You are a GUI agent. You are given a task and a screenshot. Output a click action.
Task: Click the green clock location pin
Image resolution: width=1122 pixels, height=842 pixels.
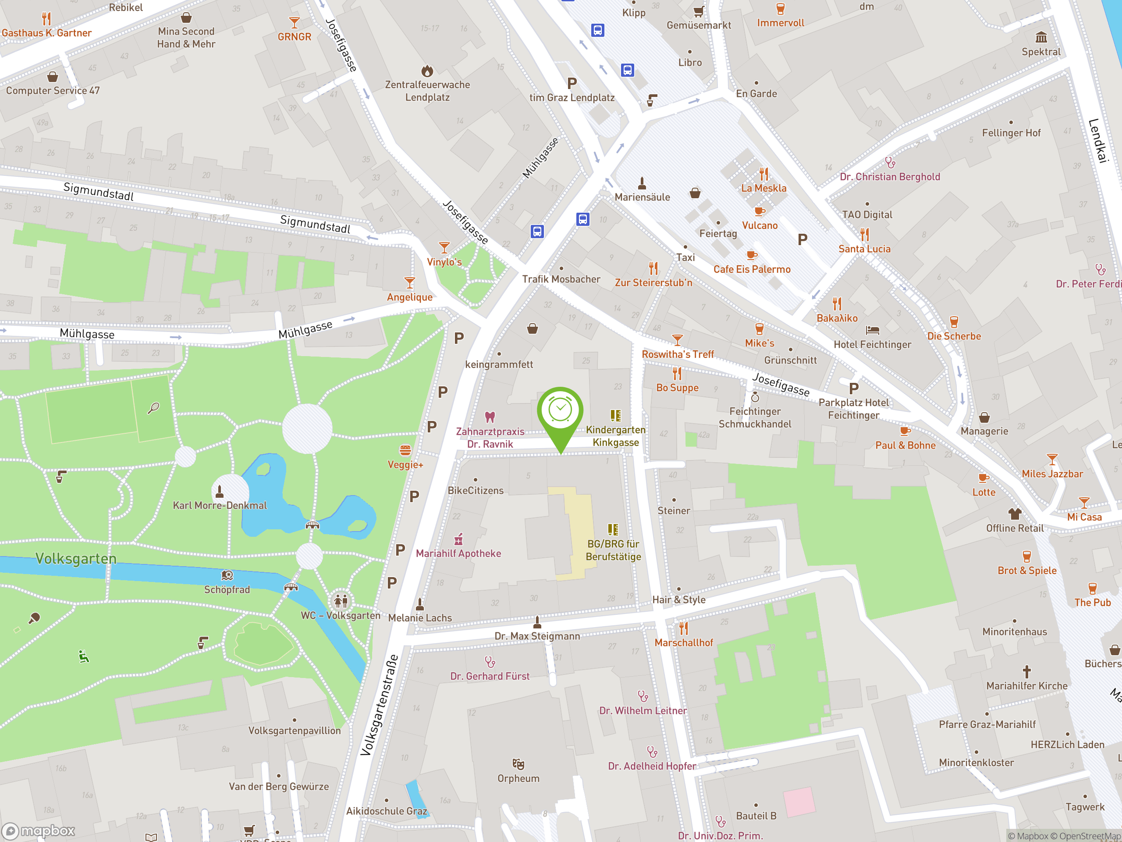(560, 411)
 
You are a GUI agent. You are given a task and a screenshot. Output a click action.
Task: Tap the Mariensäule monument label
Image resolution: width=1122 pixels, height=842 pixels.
(642, 197)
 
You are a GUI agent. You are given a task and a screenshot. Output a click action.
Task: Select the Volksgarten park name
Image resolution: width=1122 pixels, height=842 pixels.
(76, 558)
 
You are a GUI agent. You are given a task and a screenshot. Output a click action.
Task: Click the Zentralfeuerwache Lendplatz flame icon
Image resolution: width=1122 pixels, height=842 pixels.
(427, 70)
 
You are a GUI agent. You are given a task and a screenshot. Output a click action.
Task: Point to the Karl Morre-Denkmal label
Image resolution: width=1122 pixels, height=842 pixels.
(220, 505)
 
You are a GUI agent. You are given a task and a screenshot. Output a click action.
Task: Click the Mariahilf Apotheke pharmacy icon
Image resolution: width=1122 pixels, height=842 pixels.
(458, 539)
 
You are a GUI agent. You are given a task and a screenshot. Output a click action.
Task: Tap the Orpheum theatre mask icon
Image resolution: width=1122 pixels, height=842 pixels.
(518, 764)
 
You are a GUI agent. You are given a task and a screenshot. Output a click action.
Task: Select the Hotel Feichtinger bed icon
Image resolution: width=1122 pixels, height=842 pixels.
(873, 330)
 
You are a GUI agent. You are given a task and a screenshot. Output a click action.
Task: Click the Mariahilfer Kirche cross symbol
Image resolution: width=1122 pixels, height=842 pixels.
(1026, 671)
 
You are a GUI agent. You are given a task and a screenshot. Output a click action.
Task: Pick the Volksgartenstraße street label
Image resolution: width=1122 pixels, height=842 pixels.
(379, 706)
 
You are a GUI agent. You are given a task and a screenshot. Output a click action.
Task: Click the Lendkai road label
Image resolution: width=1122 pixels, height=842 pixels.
(1097, 141)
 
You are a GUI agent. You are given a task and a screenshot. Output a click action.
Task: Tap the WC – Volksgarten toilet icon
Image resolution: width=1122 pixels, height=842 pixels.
(341, 601)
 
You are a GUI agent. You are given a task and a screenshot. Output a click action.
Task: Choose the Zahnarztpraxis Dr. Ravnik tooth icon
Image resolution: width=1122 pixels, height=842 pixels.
(490, 417)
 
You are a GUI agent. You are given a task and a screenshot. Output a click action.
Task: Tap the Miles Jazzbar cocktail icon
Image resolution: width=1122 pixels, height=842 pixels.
(1052, 459)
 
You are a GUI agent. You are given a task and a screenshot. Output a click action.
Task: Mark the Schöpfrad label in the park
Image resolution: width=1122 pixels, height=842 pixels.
(227, 589)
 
